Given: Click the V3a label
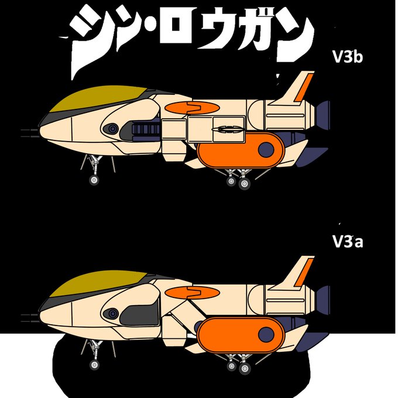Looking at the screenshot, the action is point(347,241).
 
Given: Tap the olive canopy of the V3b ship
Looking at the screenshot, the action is point(97,101).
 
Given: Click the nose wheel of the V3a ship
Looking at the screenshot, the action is point(94,365).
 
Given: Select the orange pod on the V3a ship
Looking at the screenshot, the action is point(234,335).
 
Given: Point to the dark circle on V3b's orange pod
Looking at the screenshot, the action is point(266,149).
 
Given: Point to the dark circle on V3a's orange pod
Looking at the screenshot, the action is point(266,335).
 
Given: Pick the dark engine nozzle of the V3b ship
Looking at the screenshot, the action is point(322,114).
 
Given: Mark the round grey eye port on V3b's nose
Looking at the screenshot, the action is point(110,129).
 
